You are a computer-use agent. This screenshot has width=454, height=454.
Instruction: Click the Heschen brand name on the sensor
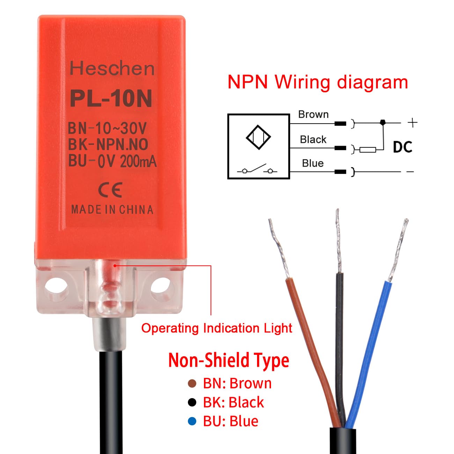click(112, 68)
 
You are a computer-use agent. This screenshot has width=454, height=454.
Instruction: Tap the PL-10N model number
click(111, 99)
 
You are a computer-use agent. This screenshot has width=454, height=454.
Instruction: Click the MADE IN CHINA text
click(112, 210)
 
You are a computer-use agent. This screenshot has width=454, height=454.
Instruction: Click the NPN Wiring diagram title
click(317, 82)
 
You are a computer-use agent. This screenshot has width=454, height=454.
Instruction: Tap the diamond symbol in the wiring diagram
click(258, 137)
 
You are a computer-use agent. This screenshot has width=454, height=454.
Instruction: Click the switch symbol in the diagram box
click(257, 170)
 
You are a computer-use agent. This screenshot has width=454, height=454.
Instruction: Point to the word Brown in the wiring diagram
click(313, 115)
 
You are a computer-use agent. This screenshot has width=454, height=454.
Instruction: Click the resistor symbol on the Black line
click(368, 150)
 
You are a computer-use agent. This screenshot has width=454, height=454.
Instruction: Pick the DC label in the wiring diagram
click(403, 147)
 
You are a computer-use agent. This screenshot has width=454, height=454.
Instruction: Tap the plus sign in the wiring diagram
click(412, 123)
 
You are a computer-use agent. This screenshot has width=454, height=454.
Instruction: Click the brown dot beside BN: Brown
click(192, 383)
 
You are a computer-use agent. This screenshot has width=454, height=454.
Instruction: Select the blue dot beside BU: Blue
click(192, 421)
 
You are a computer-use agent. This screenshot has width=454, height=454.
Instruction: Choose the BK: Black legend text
click(233, 402)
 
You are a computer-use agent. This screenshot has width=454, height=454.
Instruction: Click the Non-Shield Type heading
click(229, 360)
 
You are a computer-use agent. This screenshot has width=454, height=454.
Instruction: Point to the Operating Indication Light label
click(217, 328)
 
